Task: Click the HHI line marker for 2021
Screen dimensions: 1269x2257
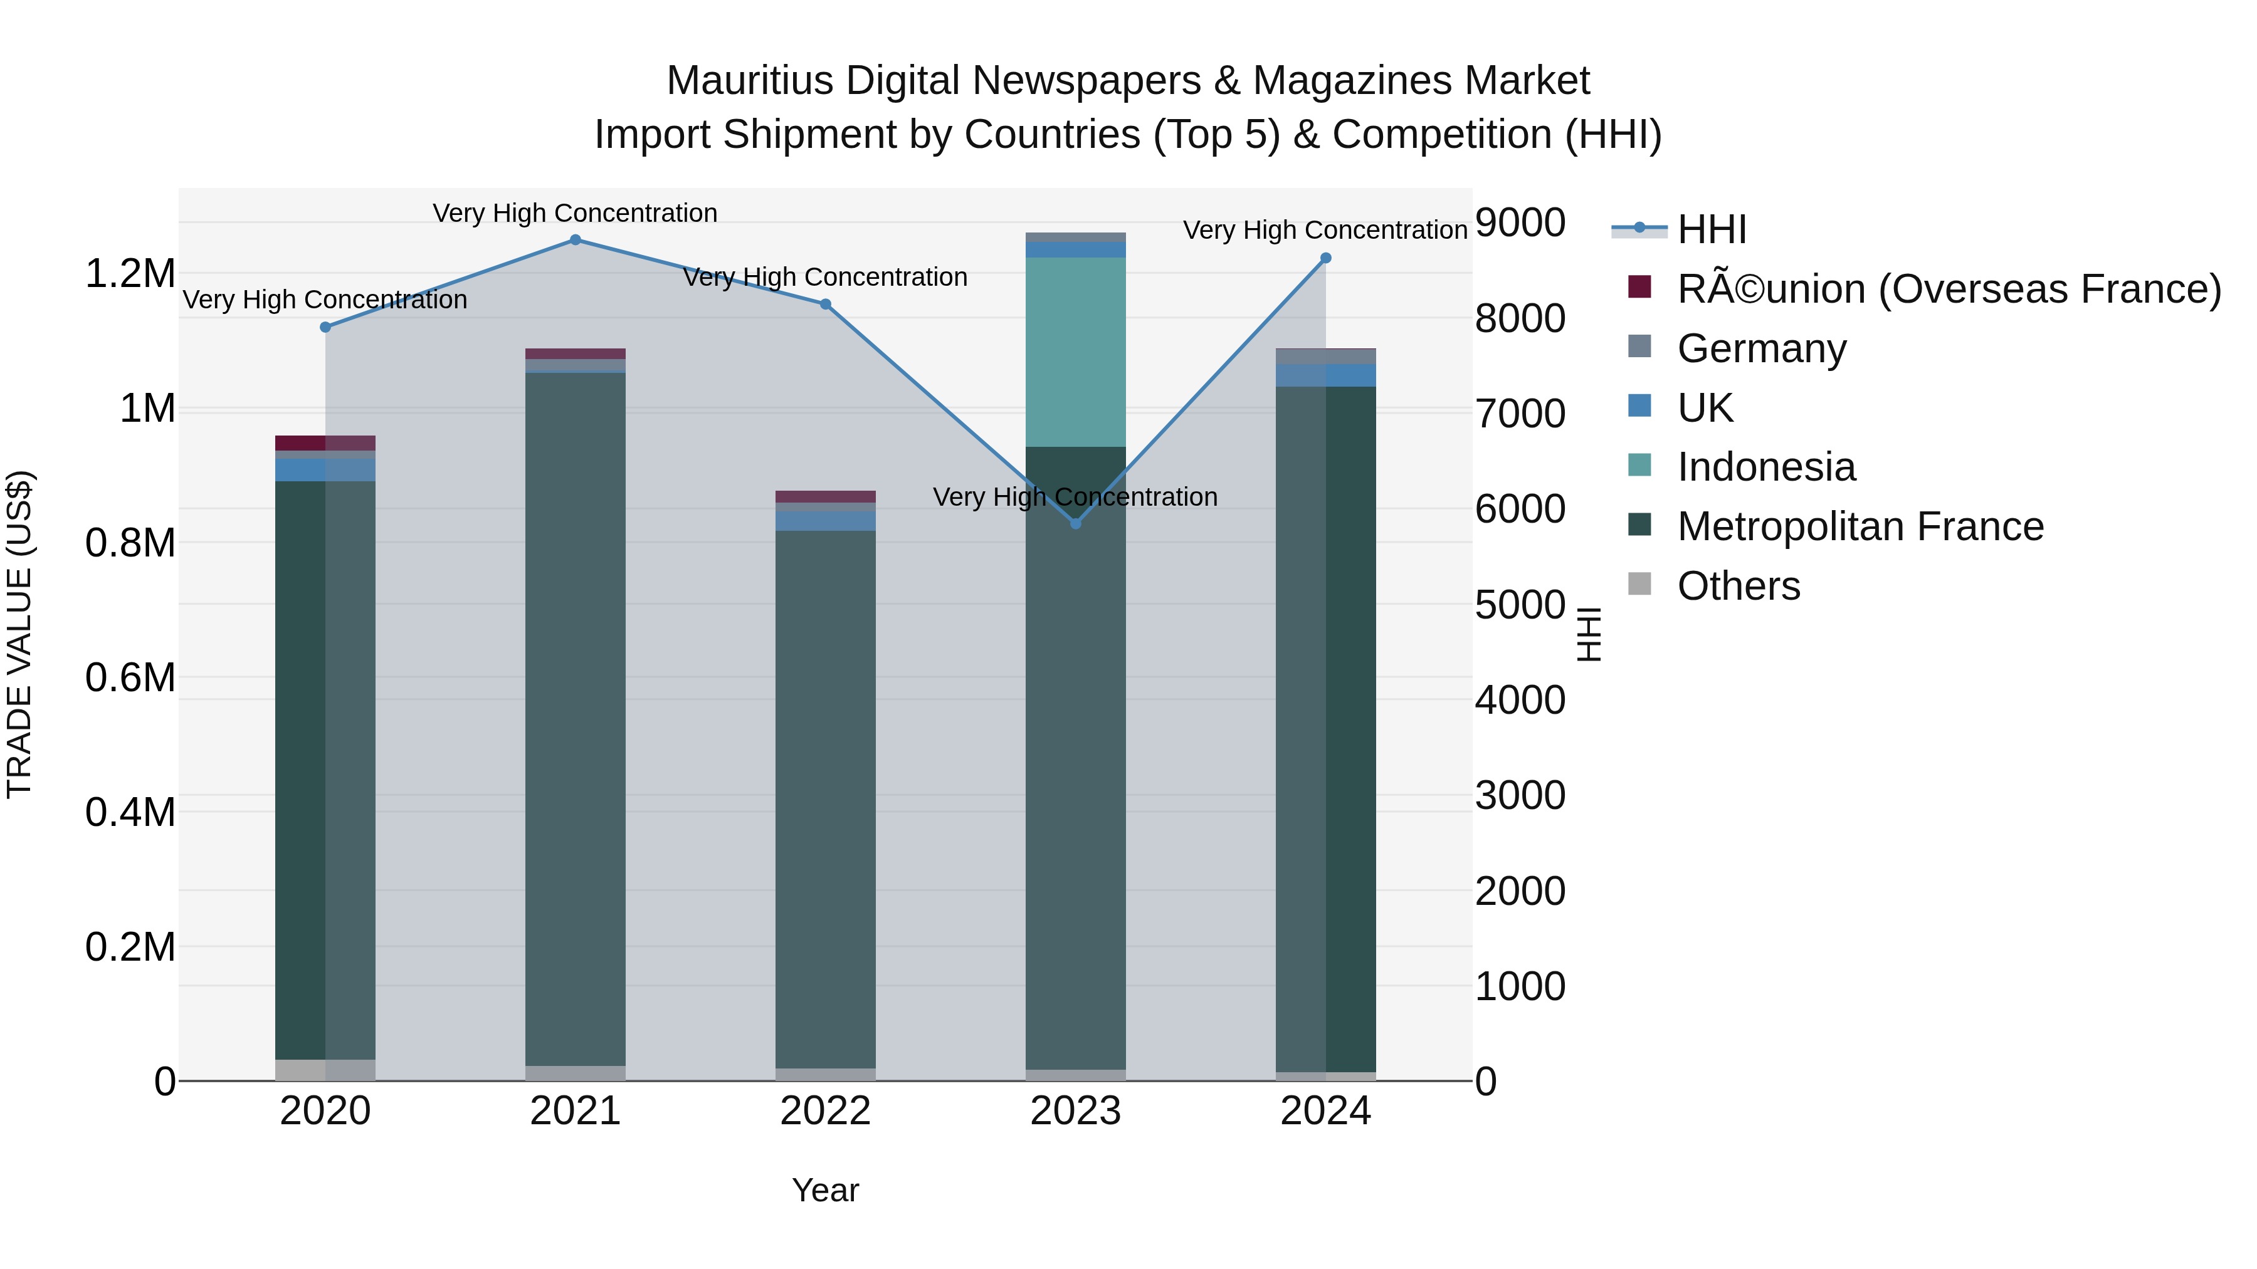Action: [575, 240]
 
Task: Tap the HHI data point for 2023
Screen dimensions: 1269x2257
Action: [1076, 523]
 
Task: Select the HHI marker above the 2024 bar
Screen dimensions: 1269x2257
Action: [1325, 258]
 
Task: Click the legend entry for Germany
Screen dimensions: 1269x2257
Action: [1761, 348]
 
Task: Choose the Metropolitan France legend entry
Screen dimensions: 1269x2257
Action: [1860, 526]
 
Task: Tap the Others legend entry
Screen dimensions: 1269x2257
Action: [1739, 586]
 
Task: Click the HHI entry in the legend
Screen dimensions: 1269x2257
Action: [1711, 229]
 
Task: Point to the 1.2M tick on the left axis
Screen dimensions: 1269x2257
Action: [130, 274]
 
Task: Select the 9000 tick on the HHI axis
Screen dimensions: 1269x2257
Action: [1520, 222]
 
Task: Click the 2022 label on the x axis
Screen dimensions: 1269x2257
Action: [825, 1111]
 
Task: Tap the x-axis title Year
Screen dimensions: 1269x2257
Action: [825, 1190]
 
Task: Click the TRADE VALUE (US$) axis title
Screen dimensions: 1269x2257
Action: [19, 634]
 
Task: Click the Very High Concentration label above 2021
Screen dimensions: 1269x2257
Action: [575, 213]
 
